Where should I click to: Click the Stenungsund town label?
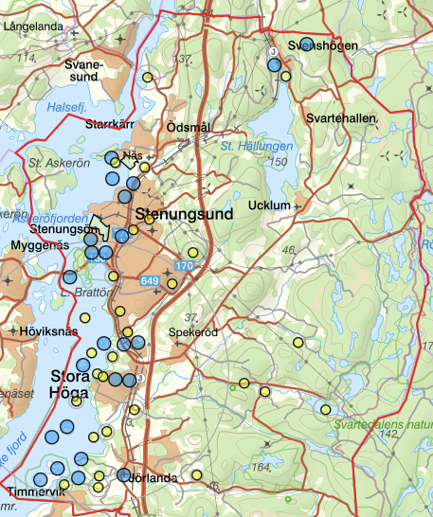(x=184, y=215)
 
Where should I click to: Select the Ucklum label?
(x=266, y=205)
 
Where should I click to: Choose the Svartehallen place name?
(x=341, y=117)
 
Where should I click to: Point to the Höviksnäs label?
(x=47, y=331)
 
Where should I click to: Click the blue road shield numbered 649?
(x=150, y=281)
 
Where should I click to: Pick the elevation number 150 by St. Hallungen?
(x=278, y=163)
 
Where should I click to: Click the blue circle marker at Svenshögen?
(x=306, y=44)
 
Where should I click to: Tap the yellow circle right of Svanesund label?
(x=147, y=77)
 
